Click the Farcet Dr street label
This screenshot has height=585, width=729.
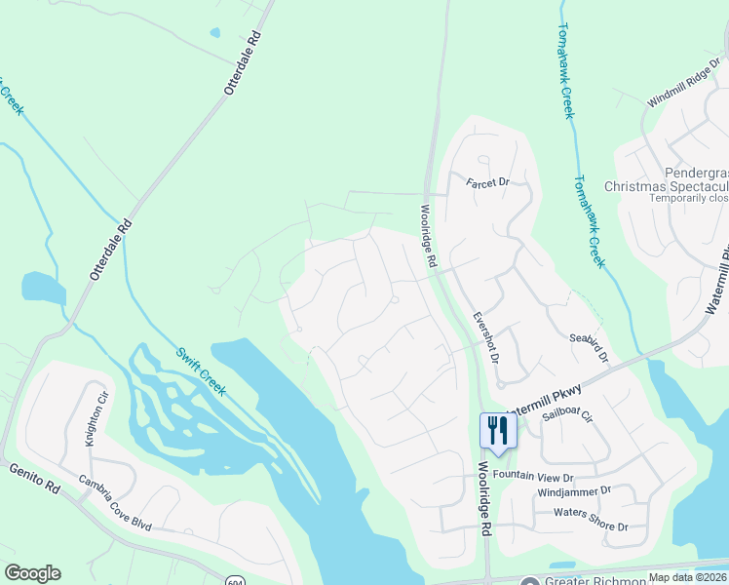tap(487, 182)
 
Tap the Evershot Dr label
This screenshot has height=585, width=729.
tap(485, 337)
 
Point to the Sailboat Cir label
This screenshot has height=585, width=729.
tap(567, 414)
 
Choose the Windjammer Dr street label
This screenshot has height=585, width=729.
tap(574, 492)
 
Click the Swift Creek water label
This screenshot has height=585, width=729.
tap(201, 370)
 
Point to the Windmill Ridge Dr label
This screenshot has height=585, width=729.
tap(680, 95)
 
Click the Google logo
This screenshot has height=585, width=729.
tap(32, 573)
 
